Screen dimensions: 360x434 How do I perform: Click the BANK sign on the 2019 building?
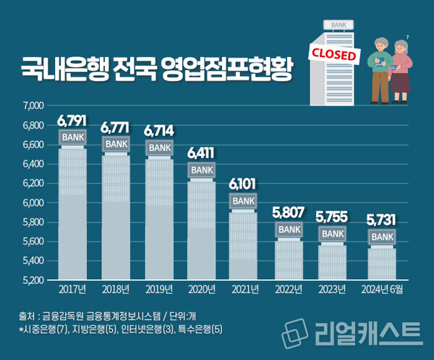(x=159, y=147)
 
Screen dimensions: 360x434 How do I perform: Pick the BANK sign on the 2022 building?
(x=289, y=229)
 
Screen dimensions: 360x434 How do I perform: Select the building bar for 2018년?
(x=116, y=217)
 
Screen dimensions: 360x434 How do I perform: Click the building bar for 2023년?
(x=333, y=262)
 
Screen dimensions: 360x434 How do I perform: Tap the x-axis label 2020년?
(x=203, y=290)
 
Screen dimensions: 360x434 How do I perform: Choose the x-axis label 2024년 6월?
(x=381, y=290)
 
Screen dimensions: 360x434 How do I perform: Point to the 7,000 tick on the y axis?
(x=33, y=106)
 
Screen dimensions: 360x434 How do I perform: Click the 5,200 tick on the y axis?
(x=33, y=280)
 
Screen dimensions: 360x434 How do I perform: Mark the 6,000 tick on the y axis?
(x=33, y=202)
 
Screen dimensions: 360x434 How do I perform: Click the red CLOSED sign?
(x=333, y=55)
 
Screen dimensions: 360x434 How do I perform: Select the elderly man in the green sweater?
(x=378, y=69)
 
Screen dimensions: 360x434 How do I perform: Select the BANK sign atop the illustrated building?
(x=338, y=25)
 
